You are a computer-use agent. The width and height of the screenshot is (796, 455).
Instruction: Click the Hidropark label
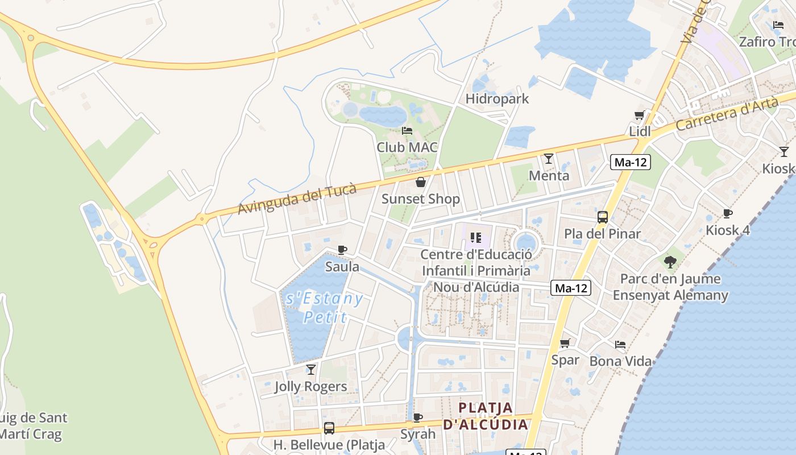pyautogui.click(x=497, y=98)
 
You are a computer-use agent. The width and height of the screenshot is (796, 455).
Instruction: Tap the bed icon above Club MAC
pyautogui.click(x=407, y=130)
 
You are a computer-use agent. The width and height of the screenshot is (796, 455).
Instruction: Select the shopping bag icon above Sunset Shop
pyautogui.click(x=421, y=182)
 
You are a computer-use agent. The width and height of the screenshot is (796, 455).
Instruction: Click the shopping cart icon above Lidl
pyautogui.click(x=640, y=115)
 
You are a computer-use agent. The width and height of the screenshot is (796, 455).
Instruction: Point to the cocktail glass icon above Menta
pyautogui.click(x=549, y=158)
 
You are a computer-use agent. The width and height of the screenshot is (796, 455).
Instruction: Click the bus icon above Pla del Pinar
pyautogui.click(x=602, y=217)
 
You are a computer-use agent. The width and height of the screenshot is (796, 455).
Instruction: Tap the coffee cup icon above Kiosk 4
pyautogui.click(x=727, y=214)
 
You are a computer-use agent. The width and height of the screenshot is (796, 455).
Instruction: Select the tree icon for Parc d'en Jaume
pyautogui.click(x=670, y=262)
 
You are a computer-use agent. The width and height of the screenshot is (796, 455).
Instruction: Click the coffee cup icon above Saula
pyautogui.click(x=342, y=250)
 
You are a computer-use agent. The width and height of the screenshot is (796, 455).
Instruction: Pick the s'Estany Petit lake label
pyautogui.click(x=325, y=307)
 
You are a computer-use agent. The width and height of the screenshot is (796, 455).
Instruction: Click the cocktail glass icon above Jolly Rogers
pyautogui.click(x=310, y=370)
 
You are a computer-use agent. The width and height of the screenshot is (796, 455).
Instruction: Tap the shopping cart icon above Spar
pyautogui.click(x=565, y=343)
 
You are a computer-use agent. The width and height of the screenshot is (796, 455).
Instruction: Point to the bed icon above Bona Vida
pyautogui.click(x=620, y=345)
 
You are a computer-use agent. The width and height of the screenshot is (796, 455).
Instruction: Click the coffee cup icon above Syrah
pyautogui.click(x=418, y=418)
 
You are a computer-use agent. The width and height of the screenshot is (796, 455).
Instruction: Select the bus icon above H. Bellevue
pyautogui.click(x=329, y=428)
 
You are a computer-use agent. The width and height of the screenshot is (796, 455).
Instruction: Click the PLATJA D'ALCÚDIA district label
pyautogui.click(x=486, y=416)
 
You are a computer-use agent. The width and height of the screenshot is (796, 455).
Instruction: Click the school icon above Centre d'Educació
pyautogui.click(x=476, y=237)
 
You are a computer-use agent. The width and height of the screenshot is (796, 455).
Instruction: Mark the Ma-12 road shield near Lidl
pyautogui.click(x=631, y=162)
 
